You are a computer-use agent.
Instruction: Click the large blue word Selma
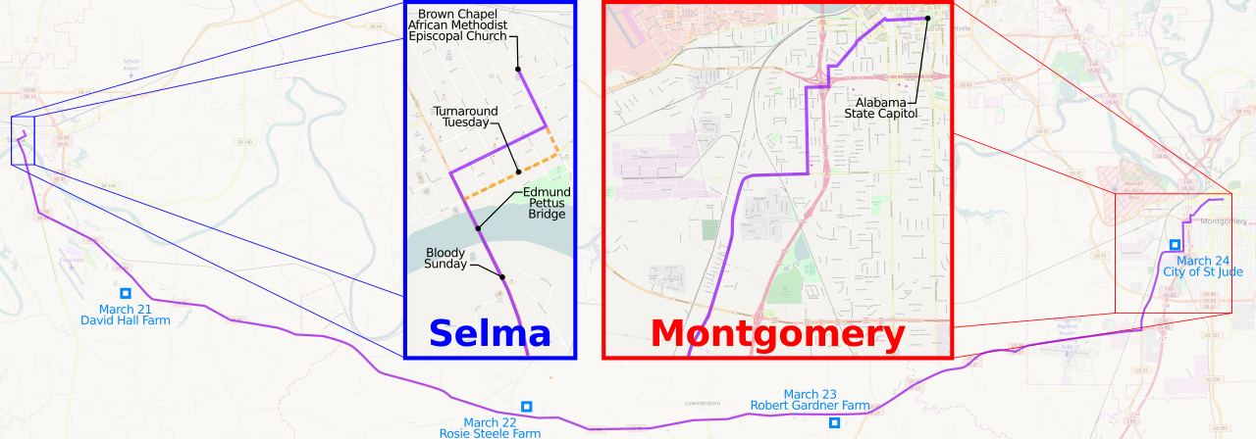(x=490, y=334)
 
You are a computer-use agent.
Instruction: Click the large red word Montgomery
(x=777, y=334)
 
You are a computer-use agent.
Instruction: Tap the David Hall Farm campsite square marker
(x=126, y=293)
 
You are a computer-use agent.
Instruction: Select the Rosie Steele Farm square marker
(x=527, y=406)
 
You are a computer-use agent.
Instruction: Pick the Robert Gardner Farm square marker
(x=834, y=422)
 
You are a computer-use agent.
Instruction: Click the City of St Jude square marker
(x=1175, y=244)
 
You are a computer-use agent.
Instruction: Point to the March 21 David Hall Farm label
(x=126, y=315)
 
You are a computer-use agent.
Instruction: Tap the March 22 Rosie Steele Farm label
(x=501, y=428)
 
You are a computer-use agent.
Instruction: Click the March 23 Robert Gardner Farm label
(x=810, y=400)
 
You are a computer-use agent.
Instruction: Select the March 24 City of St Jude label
(x=1202, y=266)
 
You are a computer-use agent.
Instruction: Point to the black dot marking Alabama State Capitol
(x=927, y=19)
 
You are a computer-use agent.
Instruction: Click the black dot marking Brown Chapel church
(x=517, y=69)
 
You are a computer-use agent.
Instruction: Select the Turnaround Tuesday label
(x=466, y=117)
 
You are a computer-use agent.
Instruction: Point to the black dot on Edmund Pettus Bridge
(x=478, y=228)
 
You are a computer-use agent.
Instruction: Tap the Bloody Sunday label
(x=445, y=258)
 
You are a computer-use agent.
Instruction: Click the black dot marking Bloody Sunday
(x=502, y=277)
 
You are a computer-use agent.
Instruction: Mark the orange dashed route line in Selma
(x=510, y=176)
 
